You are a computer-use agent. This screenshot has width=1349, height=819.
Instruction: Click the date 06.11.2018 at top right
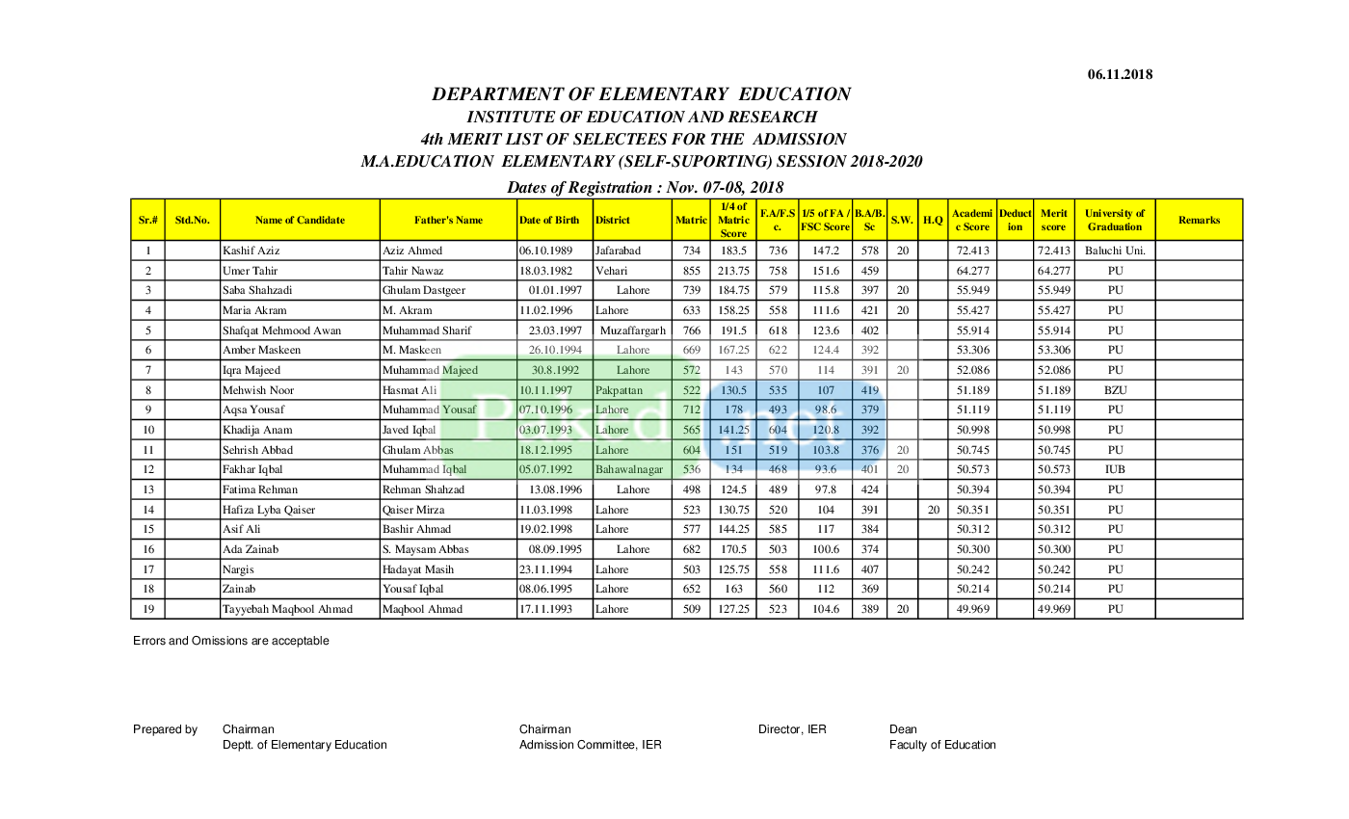[x=1120, y=74]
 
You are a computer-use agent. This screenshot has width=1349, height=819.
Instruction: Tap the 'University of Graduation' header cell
[x=1114, y=221]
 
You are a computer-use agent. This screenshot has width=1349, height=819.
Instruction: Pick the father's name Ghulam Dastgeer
[x=423, y=290]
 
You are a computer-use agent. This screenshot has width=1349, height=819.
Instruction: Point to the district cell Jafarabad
[x=618, y=251]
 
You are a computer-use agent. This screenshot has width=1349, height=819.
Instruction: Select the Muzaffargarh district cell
[x=632, y=330]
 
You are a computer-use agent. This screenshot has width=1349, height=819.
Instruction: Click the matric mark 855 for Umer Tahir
[x=691, y=271]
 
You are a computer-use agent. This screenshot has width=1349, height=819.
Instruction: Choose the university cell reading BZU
[x=1114, y=390]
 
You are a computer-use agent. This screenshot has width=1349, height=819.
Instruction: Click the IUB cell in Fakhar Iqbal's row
[x=1114, y=469]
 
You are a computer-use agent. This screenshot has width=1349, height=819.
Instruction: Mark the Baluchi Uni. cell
[x=1114, y=251]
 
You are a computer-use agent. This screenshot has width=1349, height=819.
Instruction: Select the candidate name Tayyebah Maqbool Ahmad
[x=287, y=609]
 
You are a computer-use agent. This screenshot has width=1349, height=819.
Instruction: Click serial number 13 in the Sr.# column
[x=148, y=489]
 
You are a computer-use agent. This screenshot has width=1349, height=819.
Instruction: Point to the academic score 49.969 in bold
[x=973, y=609]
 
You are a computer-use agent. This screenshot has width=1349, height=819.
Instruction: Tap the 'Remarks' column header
[x=1199, y=221]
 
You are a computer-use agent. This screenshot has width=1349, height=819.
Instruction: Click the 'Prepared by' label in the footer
[x=165, y=729]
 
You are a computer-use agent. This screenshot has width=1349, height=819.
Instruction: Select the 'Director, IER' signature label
[x=792, y=729]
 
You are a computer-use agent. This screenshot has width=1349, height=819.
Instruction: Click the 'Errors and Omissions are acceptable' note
[x=231, y=641]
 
